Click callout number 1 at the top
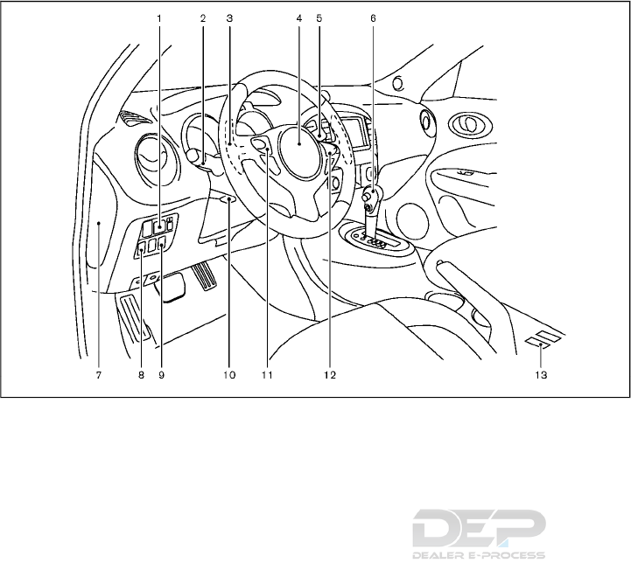click(159, 17)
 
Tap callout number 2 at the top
click(202, 17)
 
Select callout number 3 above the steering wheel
click(228, 17)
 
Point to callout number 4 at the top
click(298, 17)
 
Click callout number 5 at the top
click(319, 17)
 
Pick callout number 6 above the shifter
click(374, 17)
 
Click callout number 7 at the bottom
click(99, 375)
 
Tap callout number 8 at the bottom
click(140, 375)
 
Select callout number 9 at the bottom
click(161, 375)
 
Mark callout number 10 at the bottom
click(229, 375)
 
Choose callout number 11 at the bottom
click(266, 375)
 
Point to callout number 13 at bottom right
click(542, 375)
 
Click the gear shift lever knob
click(372, 197)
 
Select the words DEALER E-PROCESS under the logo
click(478, 554)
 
